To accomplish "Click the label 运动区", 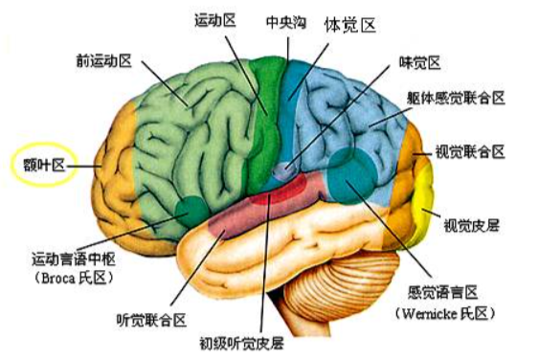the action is click(x=215, y=20).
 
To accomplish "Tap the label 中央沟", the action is click(x=286, y=23).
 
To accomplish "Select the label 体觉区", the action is click(x=350, y=26).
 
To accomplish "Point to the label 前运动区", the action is click(x=104, y=61).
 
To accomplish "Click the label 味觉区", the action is click(x=419, y=62).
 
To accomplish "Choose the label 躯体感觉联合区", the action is click(x=456, y=98).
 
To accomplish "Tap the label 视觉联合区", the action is click(x=470, y=151).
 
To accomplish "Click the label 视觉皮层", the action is click(x=472, y=226).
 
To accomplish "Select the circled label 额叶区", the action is click(x=44, y=165).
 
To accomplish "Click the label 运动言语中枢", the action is click(x=74, y=259).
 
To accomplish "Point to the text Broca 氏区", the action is click(x=74, y=278).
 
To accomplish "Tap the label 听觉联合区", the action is click(x=151, y=320).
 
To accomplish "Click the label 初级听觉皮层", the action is click(x=242, y=343).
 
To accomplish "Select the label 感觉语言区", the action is click(x=443, y=293).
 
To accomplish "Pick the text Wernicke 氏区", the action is click(x=445, y=313).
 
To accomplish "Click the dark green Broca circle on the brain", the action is click(x=191, y=212).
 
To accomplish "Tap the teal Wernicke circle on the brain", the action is click(x=351, y=176).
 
